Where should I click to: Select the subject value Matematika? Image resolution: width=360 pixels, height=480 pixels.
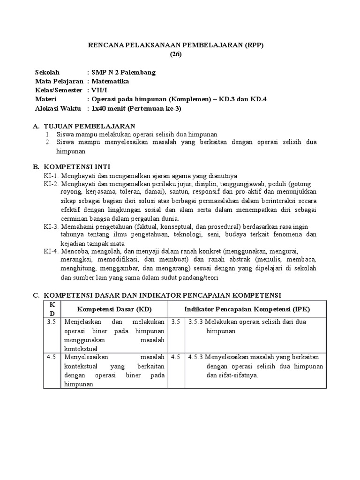(110, 81)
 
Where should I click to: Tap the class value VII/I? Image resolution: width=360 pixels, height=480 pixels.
(99, 90)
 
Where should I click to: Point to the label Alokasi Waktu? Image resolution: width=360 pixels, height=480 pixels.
(59, 108)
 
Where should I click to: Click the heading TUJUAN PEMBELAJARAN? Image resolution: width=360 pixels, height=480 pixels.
(90, 127)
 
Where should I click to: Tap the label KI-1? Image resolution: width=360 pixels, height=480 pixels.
(51, 175)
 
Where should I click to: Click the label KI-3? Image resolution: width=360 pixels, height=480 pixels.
(51, 227)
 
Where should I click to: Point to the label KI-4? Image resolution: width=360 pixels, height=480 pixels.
(51, 251)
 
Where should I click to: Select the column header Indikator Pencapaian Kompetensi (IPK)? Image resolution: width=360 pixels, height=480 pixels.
(247, 309)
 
